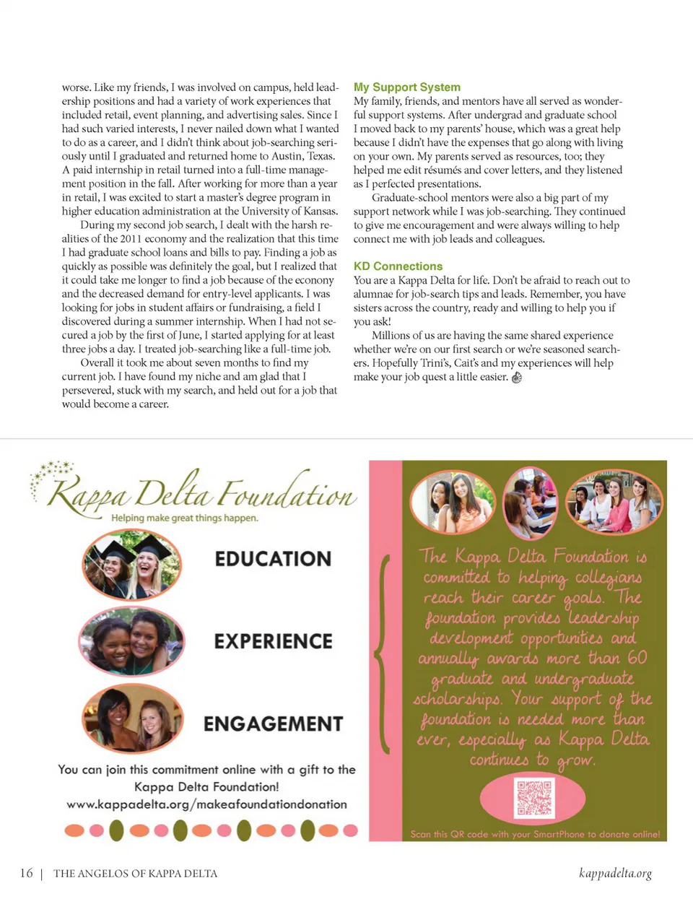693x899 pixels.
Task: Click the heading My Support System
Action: click(406, 87)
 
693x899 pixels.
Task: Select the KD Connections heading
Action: click(398, 266)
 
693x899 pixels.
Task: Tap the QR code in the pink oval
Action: click(534, 797)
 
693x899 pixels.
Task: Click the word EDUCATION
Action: click(273, 559)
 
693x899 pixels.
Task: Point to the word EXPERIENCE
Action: click(273, 641)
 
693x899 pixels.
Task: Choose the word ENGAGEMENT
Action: click(273, 724)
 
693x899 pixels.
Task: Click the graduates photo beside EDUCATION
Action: click(131, 565)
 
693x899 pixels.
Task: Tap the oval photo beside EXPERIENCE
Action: click(131, 641)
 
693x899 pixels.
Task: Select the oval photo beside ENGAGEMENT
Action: click(133, 719)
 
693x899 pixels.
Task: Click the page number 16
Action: click(27, 873)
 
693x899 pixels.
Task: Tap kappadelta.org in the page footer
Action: click(615, 873)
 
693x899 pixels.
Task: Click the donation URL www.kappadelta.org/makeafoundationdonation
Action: click(206, 804)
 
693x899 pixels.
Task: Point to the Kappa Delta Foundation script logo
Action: click(202, 492)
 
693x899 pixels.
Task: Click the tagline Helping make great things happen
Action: click(184, 518)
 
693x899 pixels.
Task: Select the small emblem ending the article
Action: click(516, 377)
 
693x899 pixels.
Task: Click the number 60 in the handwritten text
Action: click(637, 658)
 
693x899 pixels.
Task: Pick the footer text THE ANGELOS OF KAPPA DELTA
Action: click(135, 874)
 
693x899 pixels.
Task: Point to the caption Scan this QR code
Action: click(535, 834)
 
